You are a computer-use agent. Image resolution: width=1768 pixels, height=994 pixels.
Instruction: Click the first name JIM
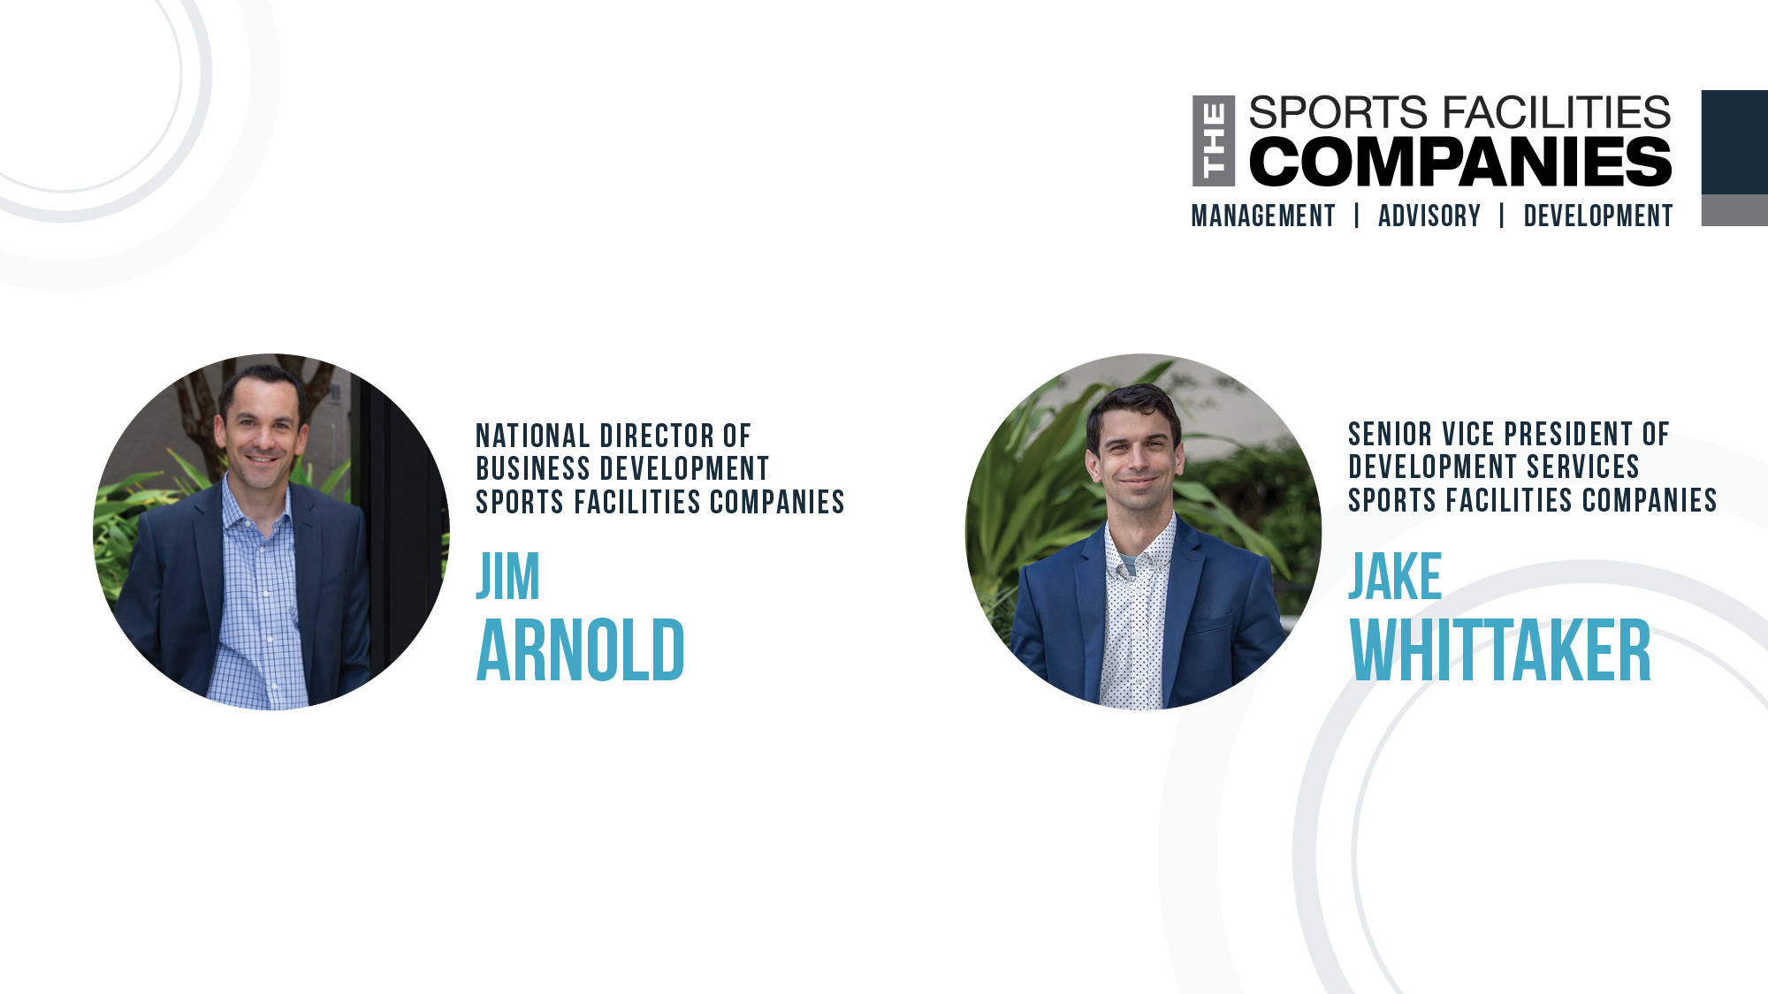pos(507,577)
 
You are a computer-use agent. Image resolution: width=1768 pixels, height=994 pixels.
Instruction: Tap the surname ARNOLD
pos(580,651)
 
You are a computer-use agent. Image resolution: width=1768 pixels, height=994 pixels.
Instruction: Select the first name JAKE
pos(1395,577)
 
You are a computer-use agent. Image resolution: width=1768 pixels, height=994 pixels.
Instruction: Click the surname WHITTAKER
pos(1500,651)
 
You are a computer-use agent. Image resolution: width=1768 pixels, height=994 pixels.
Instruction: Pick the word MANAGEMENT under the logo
pos(1262,216)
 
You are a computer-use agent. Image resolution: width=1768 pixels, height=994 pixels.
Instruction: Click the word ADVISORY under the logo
pos(1429,216)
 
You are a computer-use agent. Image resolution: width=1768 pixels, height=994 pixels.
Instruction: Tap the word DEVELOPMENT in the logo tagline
pos(1597,216)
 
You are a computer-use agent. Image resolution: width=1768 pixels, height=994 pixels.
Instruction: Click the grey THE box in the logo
pos(1214,141)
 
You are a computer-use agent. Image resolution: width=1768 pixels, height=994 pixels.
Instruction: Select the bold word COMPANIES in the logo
pos(1459,163)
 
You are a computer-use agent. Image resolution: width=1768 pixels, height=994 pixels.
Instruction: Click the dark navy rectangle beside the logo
pos(1734,142)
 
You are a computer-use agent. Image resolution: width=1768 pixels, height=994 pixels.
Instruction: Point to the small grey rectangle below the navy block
pos(1734,210)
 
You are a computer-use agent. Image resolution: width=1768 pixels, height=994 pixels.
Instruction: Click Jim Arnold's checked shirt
pos(256,601)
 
